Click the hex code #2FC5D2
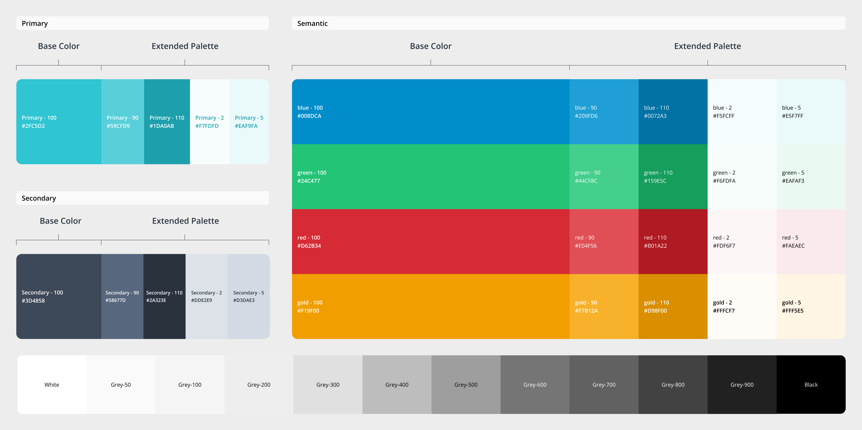point(33,126)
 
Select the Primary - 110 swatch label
point(167,118)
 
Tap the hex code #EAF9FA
point(246,126)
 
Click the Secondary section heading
point(39,198)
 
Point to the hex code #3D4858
point(33,300)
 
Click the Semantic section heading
point(312,23)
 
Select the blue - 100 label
point(310,108)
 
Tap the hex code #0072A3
point(655,116)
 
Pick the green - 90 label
point(587,173)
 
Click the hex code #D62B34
point(309,246)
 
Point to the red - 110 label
point(655,238)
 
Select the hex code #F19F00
point(308,311)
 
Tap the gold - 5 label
point(791,302)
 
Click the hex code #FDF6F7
point(724,246)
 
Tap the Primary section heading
point(35,23)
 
